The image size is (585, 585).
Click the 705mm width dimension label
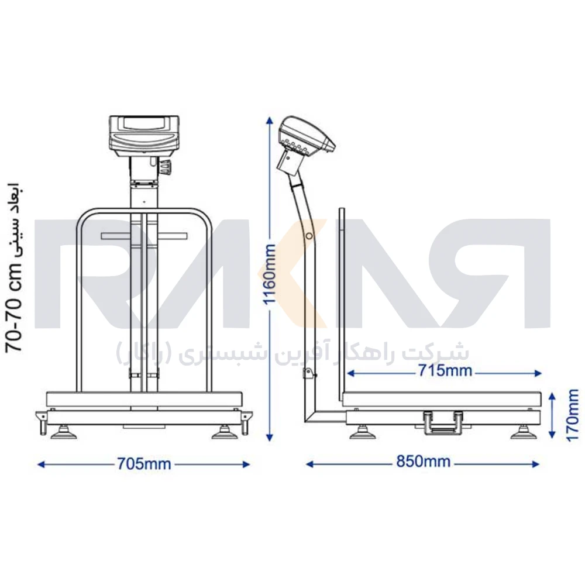coord(144,464)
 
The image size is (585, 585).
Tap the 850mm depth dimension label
coord(423,462)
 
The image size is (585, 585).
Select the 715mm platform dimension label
coord(445,370)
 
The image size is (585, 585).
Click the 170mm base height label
coord(573,415)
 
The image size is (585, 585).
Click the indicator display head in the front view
coord(144,136)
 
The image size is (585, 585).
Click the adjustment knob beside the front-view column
coord(164,166)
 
